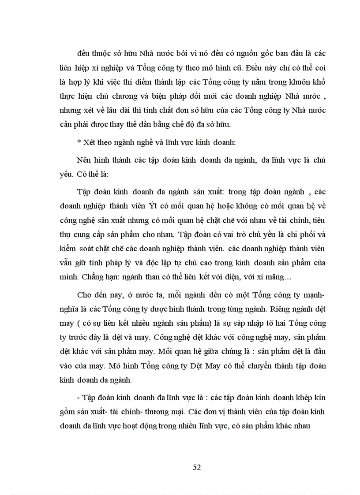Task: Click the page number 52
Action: click(197, 468)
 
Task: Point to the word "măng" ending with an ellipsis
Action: click(275, 278)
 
